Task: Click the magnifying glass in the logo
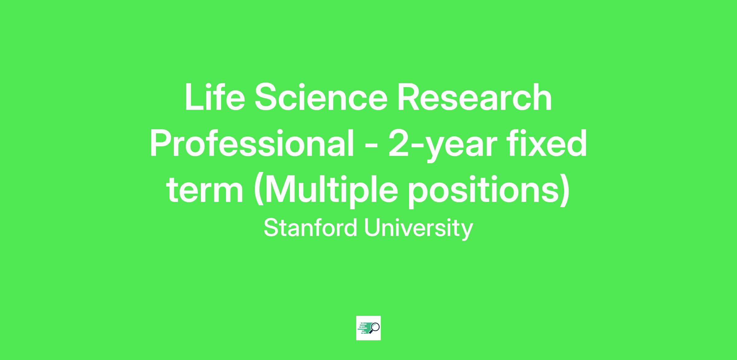click(x=375, y=328)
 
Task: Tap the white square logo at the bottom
click(x=368, y=328)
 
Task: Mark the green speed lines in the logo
click(x=364, y=328)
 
